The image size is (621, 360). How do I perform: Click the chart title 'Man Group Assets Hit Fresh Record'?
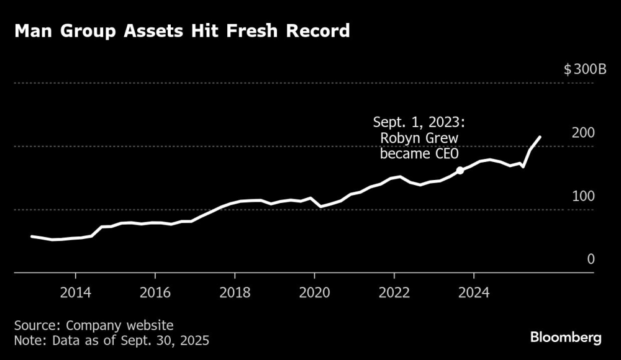pyautogui.click(x=182, y=31)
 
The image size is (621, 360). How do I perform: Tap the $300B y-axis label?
pyautogui.click(x=585, y=70)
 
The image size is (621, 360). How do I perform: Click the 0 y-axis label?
pyautogui.click(x=591, y=259)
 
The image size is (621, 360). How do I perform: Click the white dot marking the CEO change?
pyautogui.click(x=460, y=170)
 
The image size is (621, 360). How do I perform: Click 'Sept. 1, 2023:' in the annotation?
pyautogui.click(x=417, y=122)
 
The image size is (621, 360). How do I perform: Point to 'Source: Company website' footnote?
pyautogui.click(x=93, y=325)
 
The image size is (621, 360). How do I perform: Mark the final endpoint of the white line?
pyautogui.click(x=540, y=137)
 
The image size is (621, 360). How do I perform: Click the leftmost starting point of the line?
pyautogui.click(x=32, y=236)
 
